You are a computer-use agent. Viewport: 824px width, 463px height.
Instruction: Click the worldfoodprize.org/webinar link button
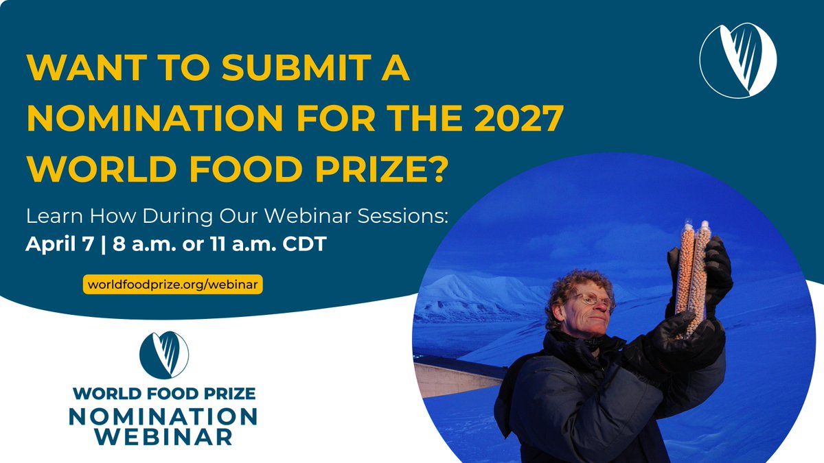(x=172, y=283)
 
